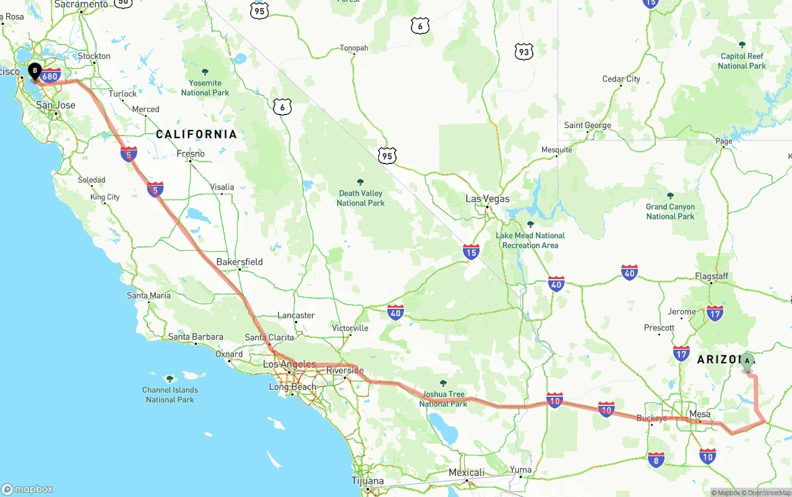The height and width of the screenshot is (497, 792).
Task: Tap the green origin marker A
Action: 747,361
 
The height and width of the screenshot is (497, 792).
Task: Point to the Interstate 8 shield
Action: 656,459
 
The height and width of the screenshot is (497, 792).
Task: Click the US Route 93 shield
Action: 523,52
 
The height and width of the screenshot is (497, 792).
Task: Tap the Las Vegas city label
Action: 488,199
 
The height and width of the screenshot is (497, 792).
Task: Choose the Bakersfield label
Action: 239,262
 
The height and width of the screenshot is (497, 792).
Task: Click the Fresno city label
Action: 191,153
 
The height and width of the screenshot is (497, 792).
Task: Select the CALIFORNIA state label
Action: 196,134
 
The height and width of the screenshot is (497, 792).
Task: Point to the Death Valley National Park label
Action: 361,198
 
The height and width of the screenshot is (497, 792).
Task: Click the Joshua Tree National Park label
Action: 443,399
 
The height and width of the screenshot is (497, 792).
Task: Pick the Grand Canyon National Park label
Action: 670,212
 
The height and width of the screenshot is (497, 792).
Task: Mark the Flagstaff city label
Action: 712,276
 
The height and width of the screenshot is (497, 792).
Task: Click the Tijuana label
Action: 368,481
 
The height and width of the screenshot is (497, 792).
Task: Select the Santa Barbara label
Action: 196,337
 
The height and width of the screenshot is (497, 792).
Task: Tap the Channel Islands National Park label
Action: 170,395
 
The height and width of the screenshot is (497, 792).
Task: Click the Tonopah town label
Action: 354,48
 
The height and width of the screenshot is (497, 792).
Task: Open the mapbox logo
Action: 27,489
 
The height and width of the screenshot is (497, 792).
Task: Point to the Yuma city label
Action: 520,470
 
